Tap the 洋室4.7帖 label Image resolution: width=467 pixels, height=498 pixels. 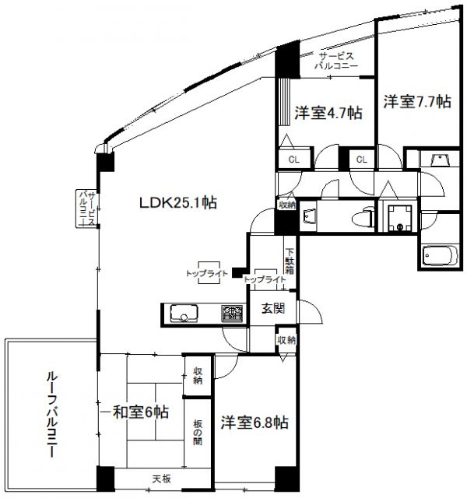[x=328, y=112]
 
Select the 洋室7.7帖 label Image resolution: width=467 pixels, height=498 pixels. [x=416, y=101]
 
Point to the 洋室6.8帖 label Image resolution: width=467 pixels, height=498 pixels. [x=255, y=423]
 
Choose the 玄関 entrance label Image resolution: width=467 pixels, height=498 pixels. [x=272, y=308]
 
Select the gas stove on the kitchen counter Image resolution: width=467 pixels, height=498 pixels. [x=231, y=314]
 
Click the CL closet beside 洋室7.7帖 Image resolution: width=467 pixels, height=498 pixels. [x=361, y=159]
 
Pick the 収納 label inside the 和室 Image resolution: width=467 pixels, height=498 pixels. [x=198, y=376]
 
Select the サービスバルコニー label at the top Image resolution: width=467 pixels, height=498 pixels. [x=336, y=61]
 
